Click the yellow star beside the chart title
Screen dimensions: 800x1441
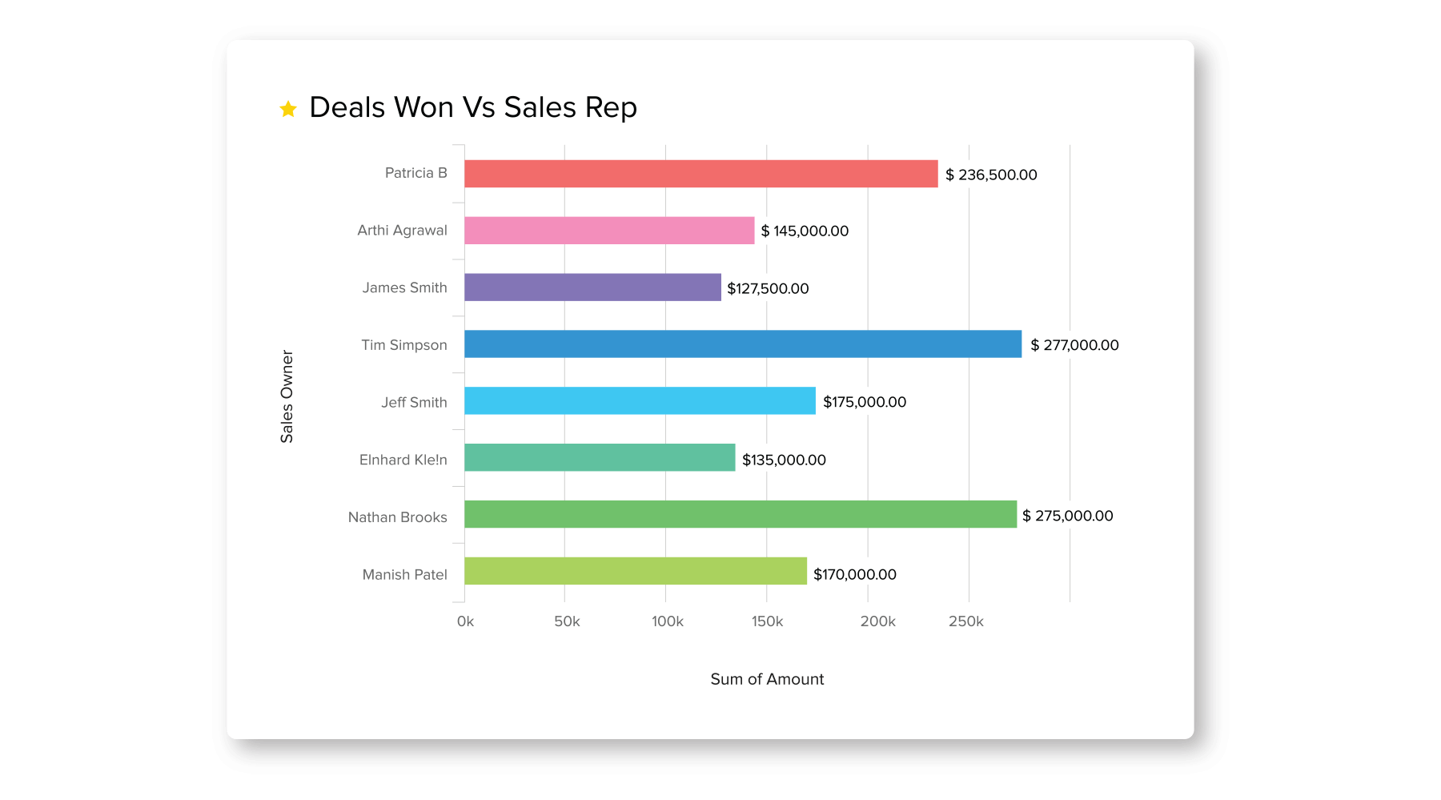pyautogui.click(x=288, y=109)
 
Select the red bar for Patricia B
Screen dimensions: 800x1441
pyautogui.click(x=700, y=174)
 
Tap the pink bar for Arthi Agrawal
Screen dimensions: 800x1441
pyautogui.click(x=609, y=231)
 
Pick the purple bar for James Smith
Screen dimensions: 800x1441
pyautogui.click(x=592, y=287)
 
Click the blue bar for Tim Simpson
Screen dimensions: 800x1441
pyautogui.click(x=743, y=344)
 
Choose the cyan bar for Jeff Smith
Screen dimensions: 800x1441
pyautogui.click(x=640, y=401)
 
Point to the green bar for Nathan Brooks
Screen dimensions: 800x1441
pyautogui.click(x=741, y=514)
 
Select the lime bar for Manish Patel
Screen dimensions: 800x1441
pyautogui.click(x=636, y=571)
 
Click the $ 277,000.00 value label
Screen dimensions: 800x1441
pyautogui.click(x=1074, y=345)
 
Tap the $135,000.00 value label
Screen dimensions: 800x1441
pyautogui.click(x=784, y=460)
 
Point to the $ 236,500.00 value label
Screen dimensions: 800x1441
pyautogui.click(x=991, y=175)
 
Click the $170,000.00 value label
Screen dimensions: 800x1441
pyautogui.click(x=855, y=574)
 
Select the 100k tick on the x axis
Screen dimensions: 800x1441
pyautogui.click(x=668, y=621)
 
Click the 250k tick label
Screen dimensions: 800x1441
pyautogui.click(x=966, y=621)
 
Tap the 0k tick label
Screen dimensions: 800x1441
pyautogui.click(x=465, y=621)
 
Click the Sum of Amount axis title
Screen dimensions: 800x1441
pyautogui.click(x=767, y=679)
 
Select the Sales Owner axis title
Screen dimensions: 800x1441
pyautogui.click(x=287, y=396)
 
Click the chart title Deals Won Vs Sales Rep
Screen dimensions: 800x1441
pyautogui.click(x=473, y=107)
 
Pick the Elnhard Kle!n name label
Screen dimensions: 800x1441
pyautogui.click(x=403, y=460)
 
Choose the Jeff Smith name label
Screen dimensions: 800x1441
pyautogui.click(x=414, y=402)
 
